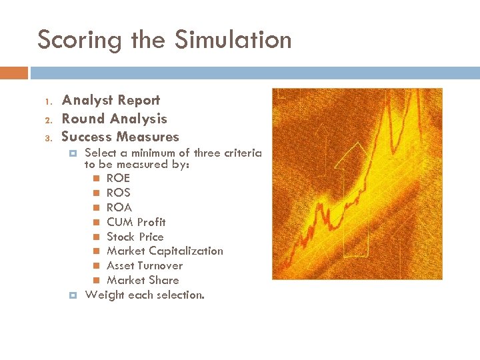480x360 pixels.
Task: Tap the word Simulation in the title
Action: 233,40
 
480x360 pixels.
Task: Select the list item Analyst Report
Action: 111,101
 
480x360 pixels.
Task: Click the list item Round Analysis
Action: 114,119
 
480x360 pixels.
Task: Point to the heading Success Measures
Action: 120,137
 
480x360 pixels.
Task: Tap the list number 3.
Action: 48,139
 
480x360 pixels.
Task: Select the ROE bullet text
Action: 118,178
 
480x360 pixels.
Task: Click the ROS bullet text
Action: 118,193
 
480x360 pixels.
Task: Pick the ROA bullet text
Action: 119,207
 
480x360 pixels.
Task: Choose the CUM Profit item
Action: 136,222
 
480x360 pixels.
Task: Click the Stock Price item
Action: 135,237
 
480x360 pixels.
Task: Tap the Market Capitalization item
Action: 165,251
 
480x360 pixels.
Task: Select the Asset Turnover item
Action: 144,265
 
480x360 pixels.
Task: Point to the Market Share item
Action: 143,280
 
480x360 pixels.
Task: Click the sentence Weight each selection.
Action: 145,295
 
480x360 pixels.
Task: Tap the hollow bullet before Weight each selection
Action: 74,295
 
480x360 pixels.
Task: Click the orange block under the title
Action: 13,73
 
